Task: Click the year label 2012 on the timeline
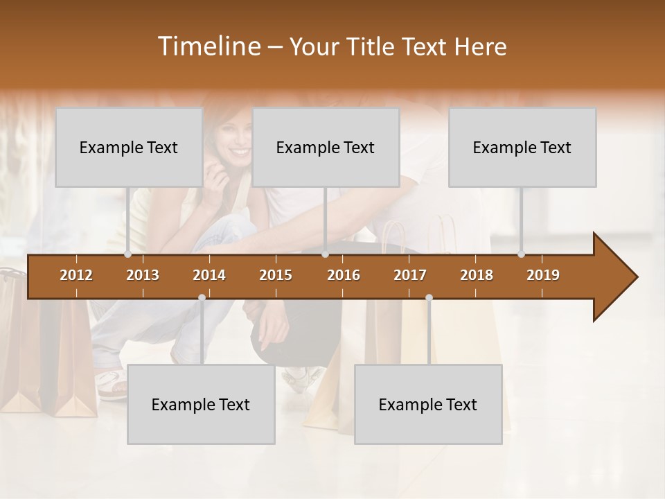[76, 275]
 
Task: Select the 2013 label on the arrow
[143, 275]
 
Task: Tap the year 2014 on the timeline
[209, 275]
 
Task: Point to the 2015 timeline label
[276, 275]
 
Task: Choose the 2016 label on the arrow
[344, 275]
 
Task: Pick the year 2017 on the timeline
[410, 275]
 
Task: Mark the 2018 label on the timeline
[477, 275]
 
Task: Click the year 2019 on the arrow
[543, 275]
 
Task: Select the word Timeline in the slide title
[209, 46]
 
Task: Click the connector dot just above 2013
[127, 254]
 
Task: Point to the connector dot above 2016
[325, 254]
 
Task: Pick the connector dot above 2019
[522, 254]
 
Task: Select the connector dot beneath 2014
[202, 297]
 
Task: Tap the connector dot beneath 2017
[429, 297]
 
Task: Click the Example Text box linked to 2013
[129, 147]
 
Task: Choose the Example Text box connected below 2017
[428, 404]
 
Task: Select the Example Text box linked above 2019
[522, 147]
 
